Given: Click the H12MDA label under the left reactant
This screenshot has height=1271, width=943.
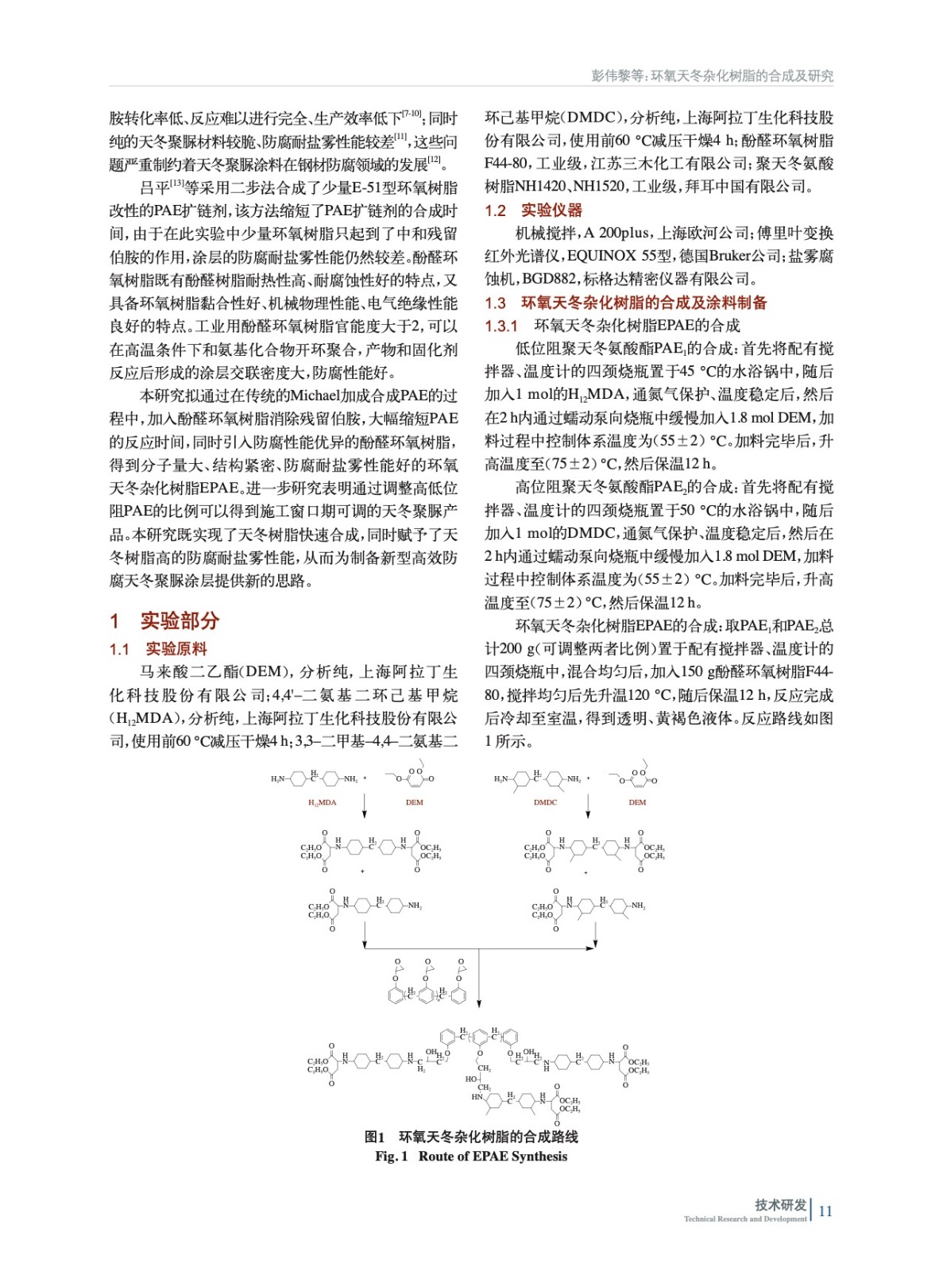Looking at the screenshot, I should point(322,802).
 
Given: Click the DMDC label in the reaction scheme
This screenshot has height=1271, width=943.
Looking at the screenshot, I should point(545,802).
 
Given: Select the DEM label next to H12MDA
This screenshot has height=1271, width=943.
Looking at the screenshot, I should point(414,802).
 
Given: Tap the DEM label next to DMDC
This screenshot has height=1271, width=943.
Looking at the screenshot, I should point(637,802).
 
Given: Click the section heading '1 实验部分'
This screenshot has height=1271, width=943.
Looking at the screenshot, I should point(164,620).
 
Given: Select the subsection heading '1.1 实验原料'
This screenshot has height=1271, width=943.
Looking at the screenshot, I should point(158,649).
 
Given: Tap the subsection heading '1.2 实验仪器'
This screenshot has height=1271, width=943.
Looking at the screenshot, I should point(534,211).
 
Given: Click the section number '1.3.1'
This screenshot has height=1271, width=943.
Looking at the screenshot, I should point(501,326).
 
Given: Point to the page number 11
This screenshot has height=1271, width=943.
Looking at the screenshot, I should point(825,1211).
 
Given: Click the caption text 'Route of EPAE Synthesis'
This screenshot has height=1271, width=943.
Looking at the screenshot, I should point(493,1157).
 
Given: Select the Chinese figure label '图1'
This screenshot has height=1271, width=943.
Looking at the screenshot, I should point(374,1137).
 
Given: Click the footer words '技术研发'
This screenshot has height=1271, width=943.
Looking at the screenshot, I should point(780,1204).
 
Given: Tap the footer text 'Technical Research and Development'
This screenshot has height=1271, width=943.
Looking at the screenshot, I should point(745,1219).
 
